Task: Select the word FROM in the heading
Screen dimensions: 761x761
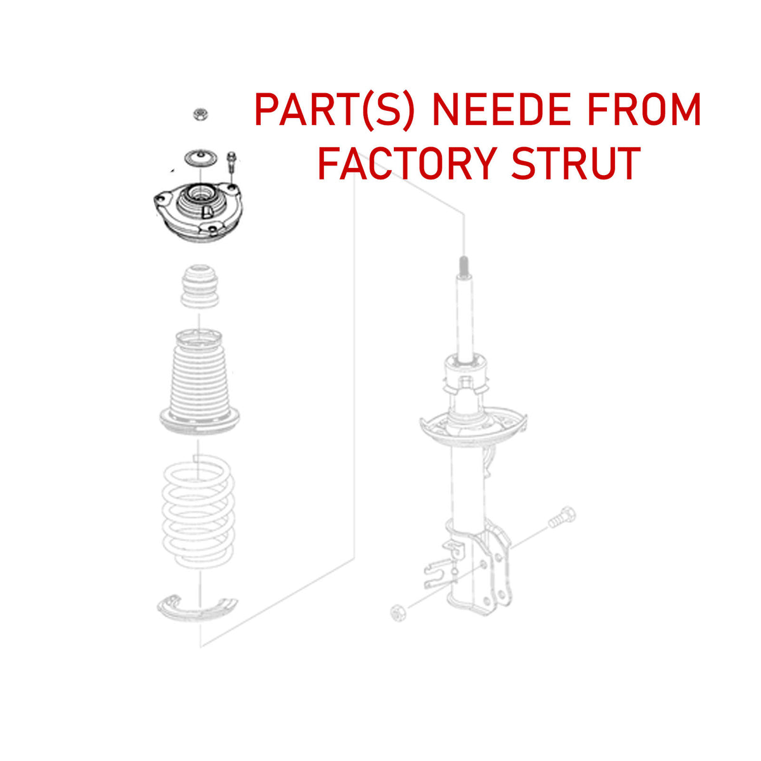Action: point(644,109)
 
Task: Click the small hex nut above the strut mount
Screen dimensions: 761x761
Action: point(201,115)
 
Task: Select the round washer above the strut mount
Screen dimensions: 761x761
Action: point(201,159)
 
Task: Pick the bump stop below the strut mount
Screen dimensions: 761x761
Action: point(200,287)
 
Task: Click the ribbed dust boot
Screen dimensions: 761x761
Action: point(199,382)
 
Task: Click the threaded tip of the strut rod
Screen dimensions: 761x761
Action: point(464,266)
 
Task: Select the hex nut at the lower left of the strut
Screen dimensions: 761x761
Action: point(398,613)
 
